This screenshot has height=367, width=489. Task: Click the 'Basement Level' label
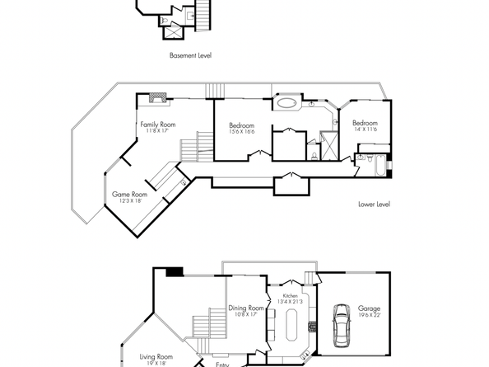point(191,56)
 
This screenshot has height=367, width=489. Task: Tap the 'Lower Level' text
point(374,204)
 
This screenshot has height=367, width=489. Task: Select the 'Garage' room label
point(369,308)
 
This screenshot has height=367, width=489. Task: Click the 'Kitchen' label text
point(290,295)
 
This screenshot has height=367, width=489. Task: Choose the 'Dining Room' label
point(246,308)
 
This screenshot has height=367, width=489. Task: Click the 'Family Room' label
point(157,124)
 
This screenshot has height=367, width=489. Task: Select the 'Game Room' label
point(129,195)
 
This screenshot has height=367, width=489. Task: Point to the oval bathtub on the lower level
point(286,104)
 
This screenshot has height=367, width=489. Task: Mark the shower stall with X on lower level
point(327,148)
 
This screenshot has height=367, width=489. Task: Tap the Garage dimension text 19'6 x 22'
point(369,315)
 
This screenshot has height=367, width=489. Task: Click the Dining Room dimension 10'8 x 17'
point(246,314)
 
